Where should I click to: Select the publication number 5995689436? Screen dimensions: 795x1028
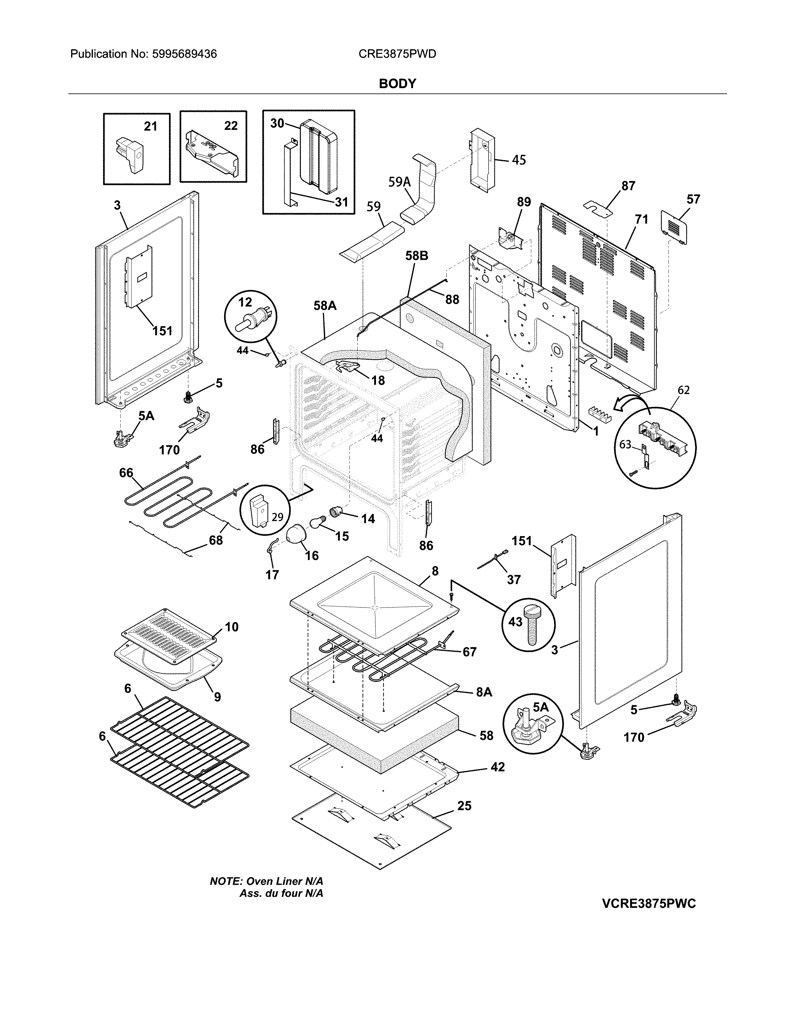(x=185, y=54)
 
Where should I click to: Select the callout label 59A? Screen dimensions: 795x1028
(x=399, y=182)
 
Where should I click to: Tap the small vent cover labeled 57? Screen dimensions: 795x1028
(x=674, y=227)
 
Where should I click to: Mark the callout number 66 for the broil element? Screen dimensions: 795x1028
(x=126, y=472)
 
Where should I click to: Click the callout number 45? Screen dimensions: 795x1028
(x=518, y=160)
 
